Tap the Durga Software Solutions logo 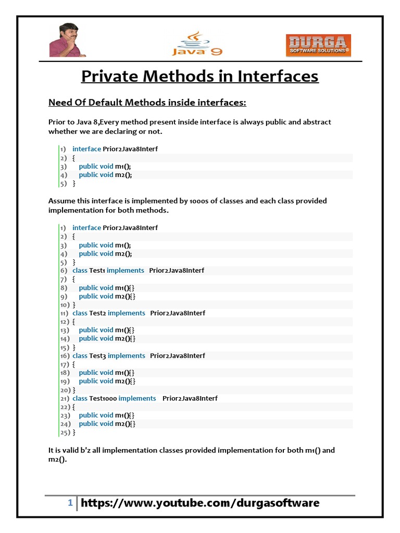point(318,45)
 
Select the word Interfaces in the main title point(278,77)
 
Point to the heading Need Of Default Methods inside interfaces point(147,103)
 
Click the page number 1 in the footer point(70,503)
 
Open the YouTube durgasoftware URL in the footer point(200,503)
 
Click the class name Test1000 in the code point(103,398)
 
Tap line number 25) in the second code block point(65,432)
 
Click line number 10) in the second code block point(65,304)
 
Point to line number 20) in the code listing point(65,389)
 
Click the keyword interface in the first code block point(86,149)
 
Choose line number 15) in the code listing point(65,347)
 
